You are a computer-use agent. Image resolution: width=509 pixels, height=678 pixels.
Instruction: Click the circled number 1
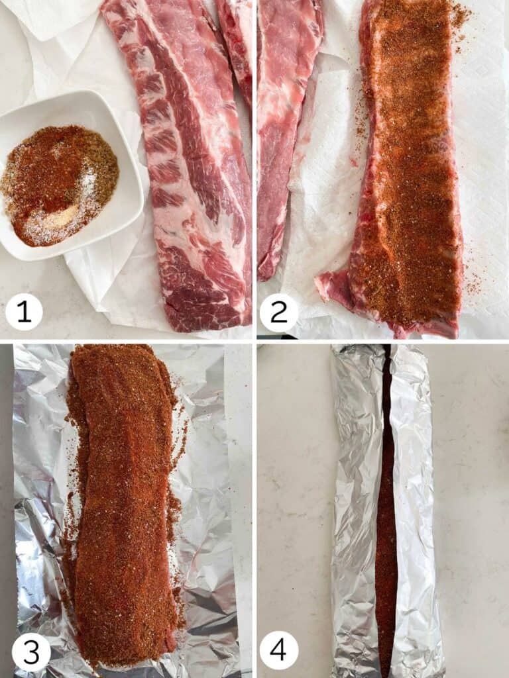click(24, 312)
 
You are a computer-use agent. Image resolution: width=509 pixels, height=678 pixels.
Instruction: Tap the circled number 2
click(279, 312)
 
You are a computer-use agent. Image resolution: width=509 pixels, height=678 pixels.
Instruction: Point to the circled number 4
click(279, 651)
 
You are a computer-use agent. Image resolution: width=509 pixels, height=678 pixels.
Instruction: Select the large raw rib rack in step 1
click(186, 166)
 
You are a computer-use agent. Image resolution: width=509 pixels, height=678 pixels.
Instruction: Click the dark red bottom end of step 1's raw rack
click(199, 298)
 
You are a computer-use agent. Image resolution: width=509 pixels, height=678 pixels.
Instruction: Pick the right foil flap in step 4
click(414, 503)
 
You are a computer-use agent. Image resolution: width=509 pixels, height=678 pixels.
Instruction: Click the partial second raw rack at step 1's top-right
click(239, 40)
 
